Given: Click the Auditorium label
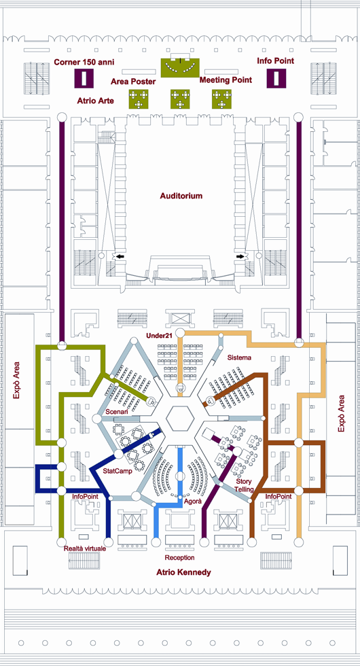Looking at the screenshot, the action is (181, 196).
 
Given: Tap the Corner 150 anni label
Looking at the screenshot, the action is (84, 62).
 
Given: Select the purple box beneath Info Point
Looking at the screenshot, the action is (276, 79).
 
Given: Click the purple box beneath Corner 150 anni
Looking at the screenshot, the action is (84, 79).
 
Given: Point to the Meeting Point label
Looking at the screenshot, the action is (226, 80).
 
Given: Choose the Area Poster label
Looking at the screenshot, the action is (133, 82).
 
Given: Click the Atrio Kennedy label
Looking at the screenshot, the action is (183, 572).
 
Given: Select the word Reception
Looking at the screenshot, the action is (179, 557).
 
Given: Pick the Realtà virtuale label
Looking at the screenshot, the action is (84, 548).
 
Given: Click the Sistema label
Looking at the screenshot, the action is (239, 357).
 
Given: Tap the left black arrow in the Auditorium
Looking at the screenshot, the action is (121, 256).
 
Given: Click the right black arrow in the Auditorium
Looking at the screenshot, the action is (241, 256).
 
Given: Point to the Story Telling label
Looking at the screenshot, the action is (245, 485).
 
